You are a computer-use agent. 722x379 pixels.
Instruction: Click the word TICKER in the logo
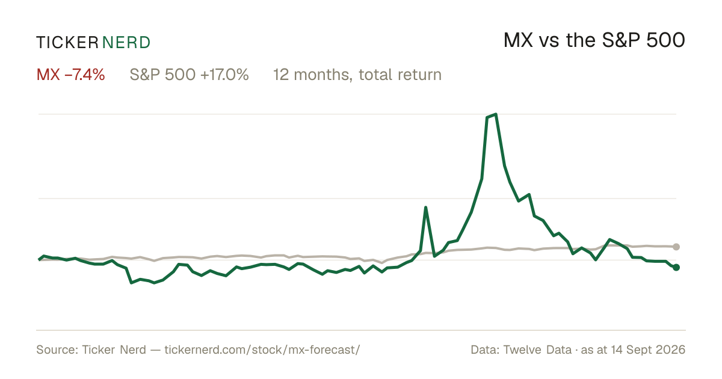(x=67, y=43)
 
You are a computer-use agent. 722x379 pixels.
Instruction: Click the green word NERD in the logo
(x=126, y=43)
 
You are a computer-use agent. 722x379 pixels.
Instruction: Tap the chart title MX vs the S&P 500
(x=594, y=40)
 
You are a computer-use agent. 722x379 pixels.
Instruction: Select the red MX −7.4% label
(x=70, y=75)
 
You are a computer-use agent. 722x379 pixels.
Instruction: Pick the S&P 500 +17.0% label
(x=189, y=75)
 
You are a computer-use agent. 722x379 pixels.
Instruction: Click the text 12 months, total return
(x=357, y=75)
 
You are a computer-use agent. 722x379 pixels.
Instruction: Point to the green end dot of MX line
(x=676, y=267)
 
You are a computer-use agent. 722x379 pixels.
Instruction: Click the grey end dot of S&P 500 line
(x=676, y=247)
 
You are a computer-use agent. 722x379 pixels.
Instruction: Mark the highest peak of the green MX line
(x=495, y=114)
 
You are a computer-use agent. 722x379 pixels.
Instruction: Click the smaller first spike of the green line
(x=426, y=207)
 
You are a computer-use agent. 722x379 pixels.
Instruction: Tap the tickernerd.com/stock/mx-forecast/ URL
(x=262, y=350)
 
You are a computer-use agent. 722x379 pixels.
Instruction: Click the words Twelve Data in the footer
(x=537, y=350)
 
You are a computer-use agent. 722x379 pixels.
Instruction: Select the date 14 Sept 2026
(x=648, y=350)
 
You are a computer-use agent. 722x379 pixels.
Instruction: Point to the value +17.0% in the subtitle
(x=224, y=75)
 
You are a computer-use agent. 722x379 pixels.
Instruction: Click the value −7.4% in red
(x=85, y=75)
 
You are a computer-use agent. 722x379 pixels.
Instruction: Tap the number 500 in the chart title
(x=665, y=40)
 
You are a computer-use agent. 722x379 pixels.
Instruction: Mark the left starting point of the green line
(x=39, y=259)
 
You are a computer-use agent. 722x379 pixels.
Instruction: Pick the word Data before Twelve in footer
(x=485, y=350)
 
